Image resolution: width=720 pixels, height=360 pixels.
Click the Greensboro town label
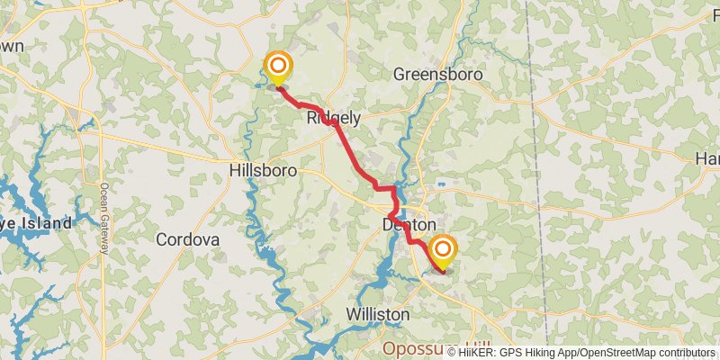(x=438, y=75)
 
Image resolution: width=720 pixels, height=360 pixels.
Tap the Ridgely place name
(x=334, y=118)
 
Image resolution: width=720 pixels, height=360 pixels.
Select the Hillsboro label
(x=263, y=169)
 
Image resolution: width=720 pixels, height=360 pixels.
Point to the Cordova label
(x=187, y=240)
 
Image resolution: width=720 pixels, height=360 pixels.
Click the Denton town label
(x=409, y=225)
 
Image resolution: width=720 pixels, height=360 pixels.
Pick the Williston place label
(x=378, y=315)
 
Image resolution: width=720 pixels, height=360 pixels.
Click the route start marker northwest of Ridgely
(x=278, y=67)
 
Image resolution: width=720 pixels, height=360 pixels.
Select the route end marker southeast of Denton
(x=442, y=250)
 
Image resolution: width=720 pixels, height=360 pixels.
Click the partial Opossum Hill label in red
(x=423, y=348)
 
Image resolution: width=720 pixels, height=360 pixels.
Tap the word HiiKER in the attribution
(x=478, y=352)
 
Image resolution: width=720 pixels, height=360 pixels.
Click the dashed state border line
(x=538, y=135)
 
